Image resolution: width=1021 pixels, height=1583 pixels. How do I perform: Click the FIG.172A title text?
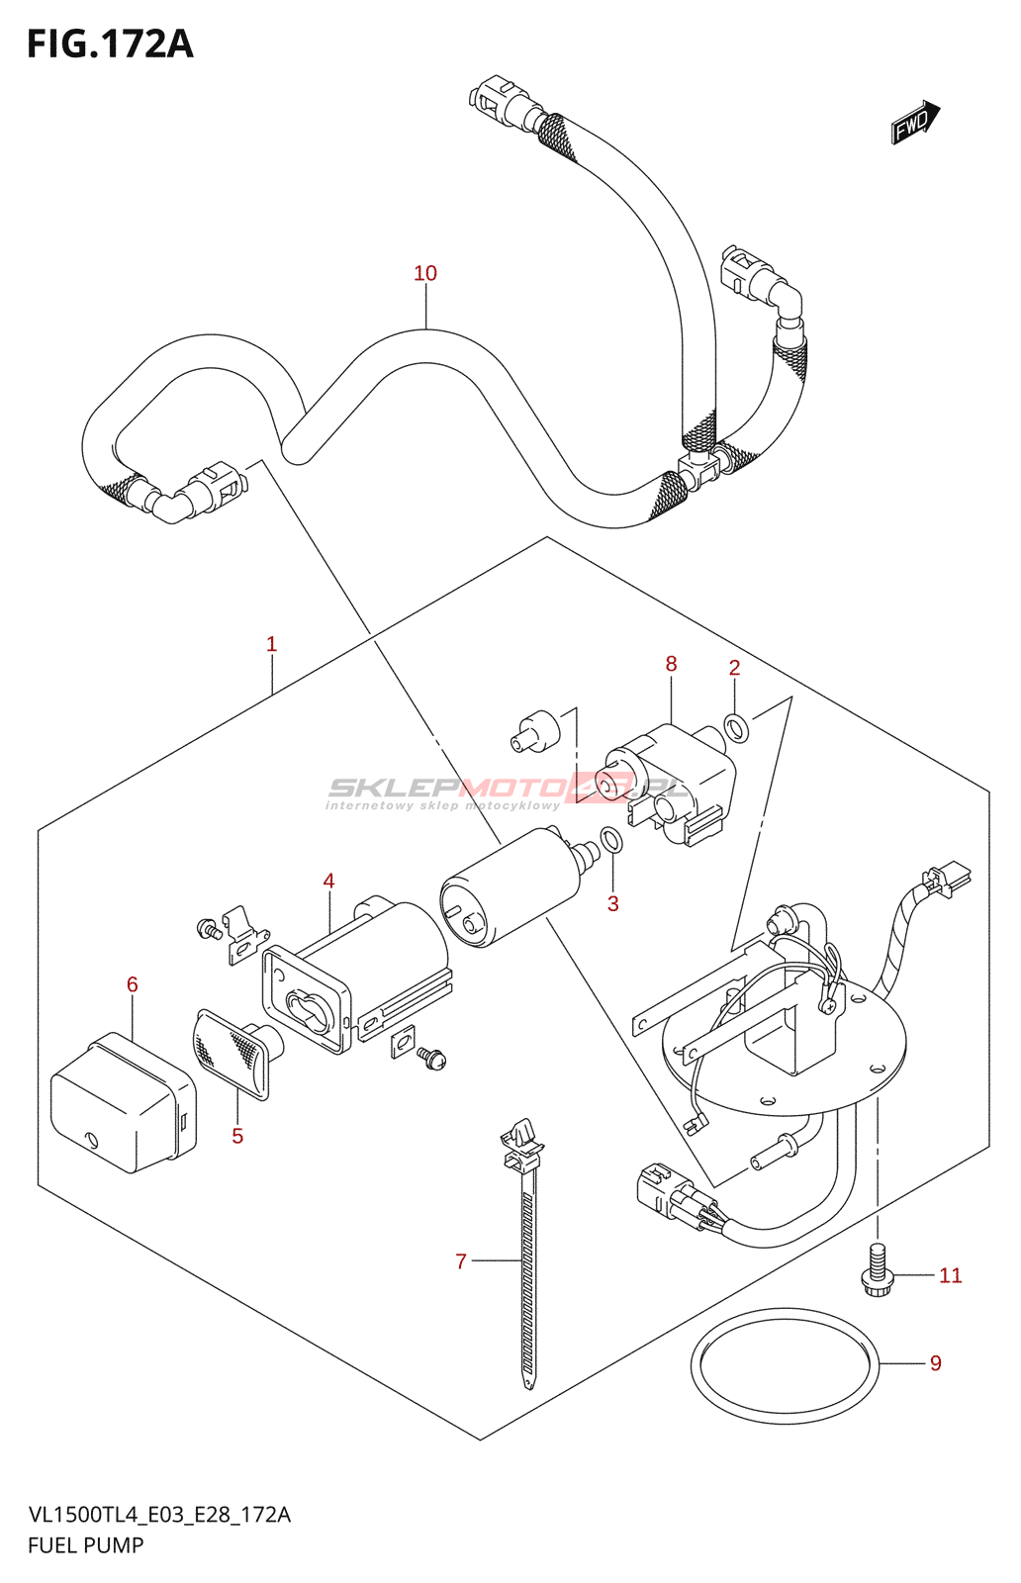tap(110, 45)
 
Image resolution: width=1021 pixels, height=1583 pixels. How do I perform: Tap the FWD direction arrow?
tap(914, 123)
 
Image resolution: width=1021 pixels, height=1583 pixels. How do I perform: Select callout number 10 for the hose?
tap(425, 273)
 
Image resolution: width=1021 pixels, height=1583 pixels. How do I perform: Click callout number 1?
tap(272, 644)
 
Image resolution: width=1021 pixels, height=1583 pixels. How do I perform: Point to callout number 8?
tap(672, 664)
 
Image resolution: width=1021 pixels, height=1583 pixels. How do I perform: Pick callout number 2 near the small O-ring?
tap(735, 668)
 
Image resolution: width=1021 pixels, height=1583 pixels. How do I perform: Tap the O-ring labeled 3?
tap(612, 841)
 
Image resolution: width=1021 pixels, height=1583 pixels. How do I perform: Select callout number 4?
tap(328, 881)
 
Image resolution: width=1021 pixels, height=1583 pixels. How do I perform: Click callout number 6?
tap(133, 984)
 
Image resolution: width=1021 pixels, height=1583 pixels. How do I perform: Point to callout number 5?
tap(237, 1136)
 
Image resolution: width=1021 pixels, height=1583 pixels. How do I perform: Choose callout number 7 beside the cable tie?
tap(461, 1261)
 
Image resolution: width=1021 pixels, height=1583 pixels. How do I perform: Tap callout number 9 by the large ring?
tap(936, 1363)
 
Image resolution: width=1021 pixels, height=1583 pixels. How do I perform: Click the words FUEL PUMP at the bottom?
tap(86, 1545)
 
